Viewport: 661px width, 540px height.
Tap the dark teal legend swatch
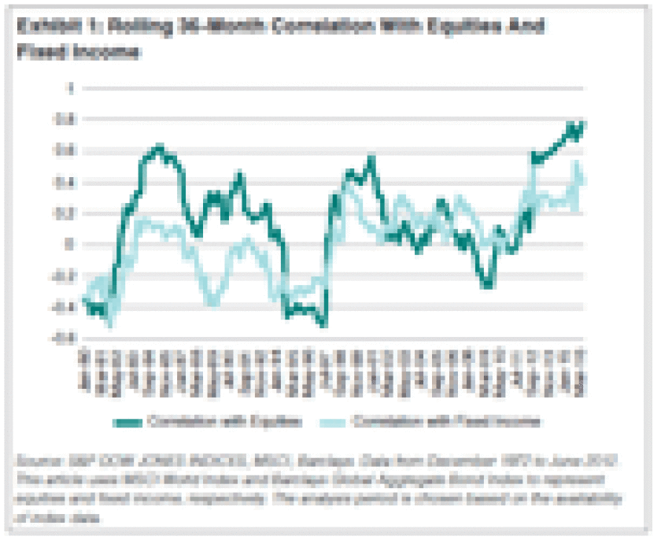tap(164, 421)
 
